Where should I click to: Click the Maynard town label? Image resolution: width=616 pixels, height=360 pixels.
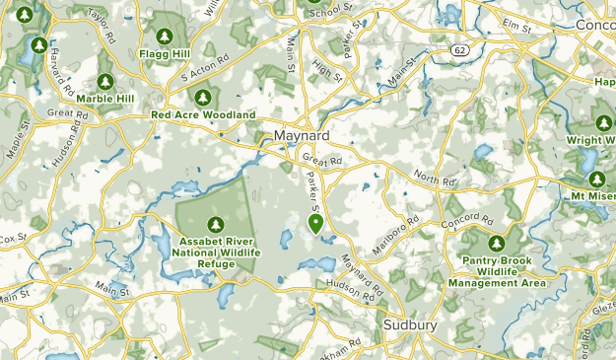(300, 134)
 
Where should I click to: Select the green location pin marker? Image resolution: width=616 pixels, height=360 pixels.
(315, 224)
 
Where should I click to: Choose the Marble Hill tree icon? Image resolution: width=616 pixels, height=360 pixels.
(105, 82)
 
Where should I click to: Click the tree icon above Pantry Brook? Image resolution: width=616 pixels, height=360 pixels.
(497, 242)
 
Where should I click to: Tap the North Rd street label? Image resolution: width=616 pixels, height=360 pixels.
(436, 179)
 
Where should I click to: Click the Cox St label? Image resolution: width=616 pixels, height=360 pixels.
(12, 239)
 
